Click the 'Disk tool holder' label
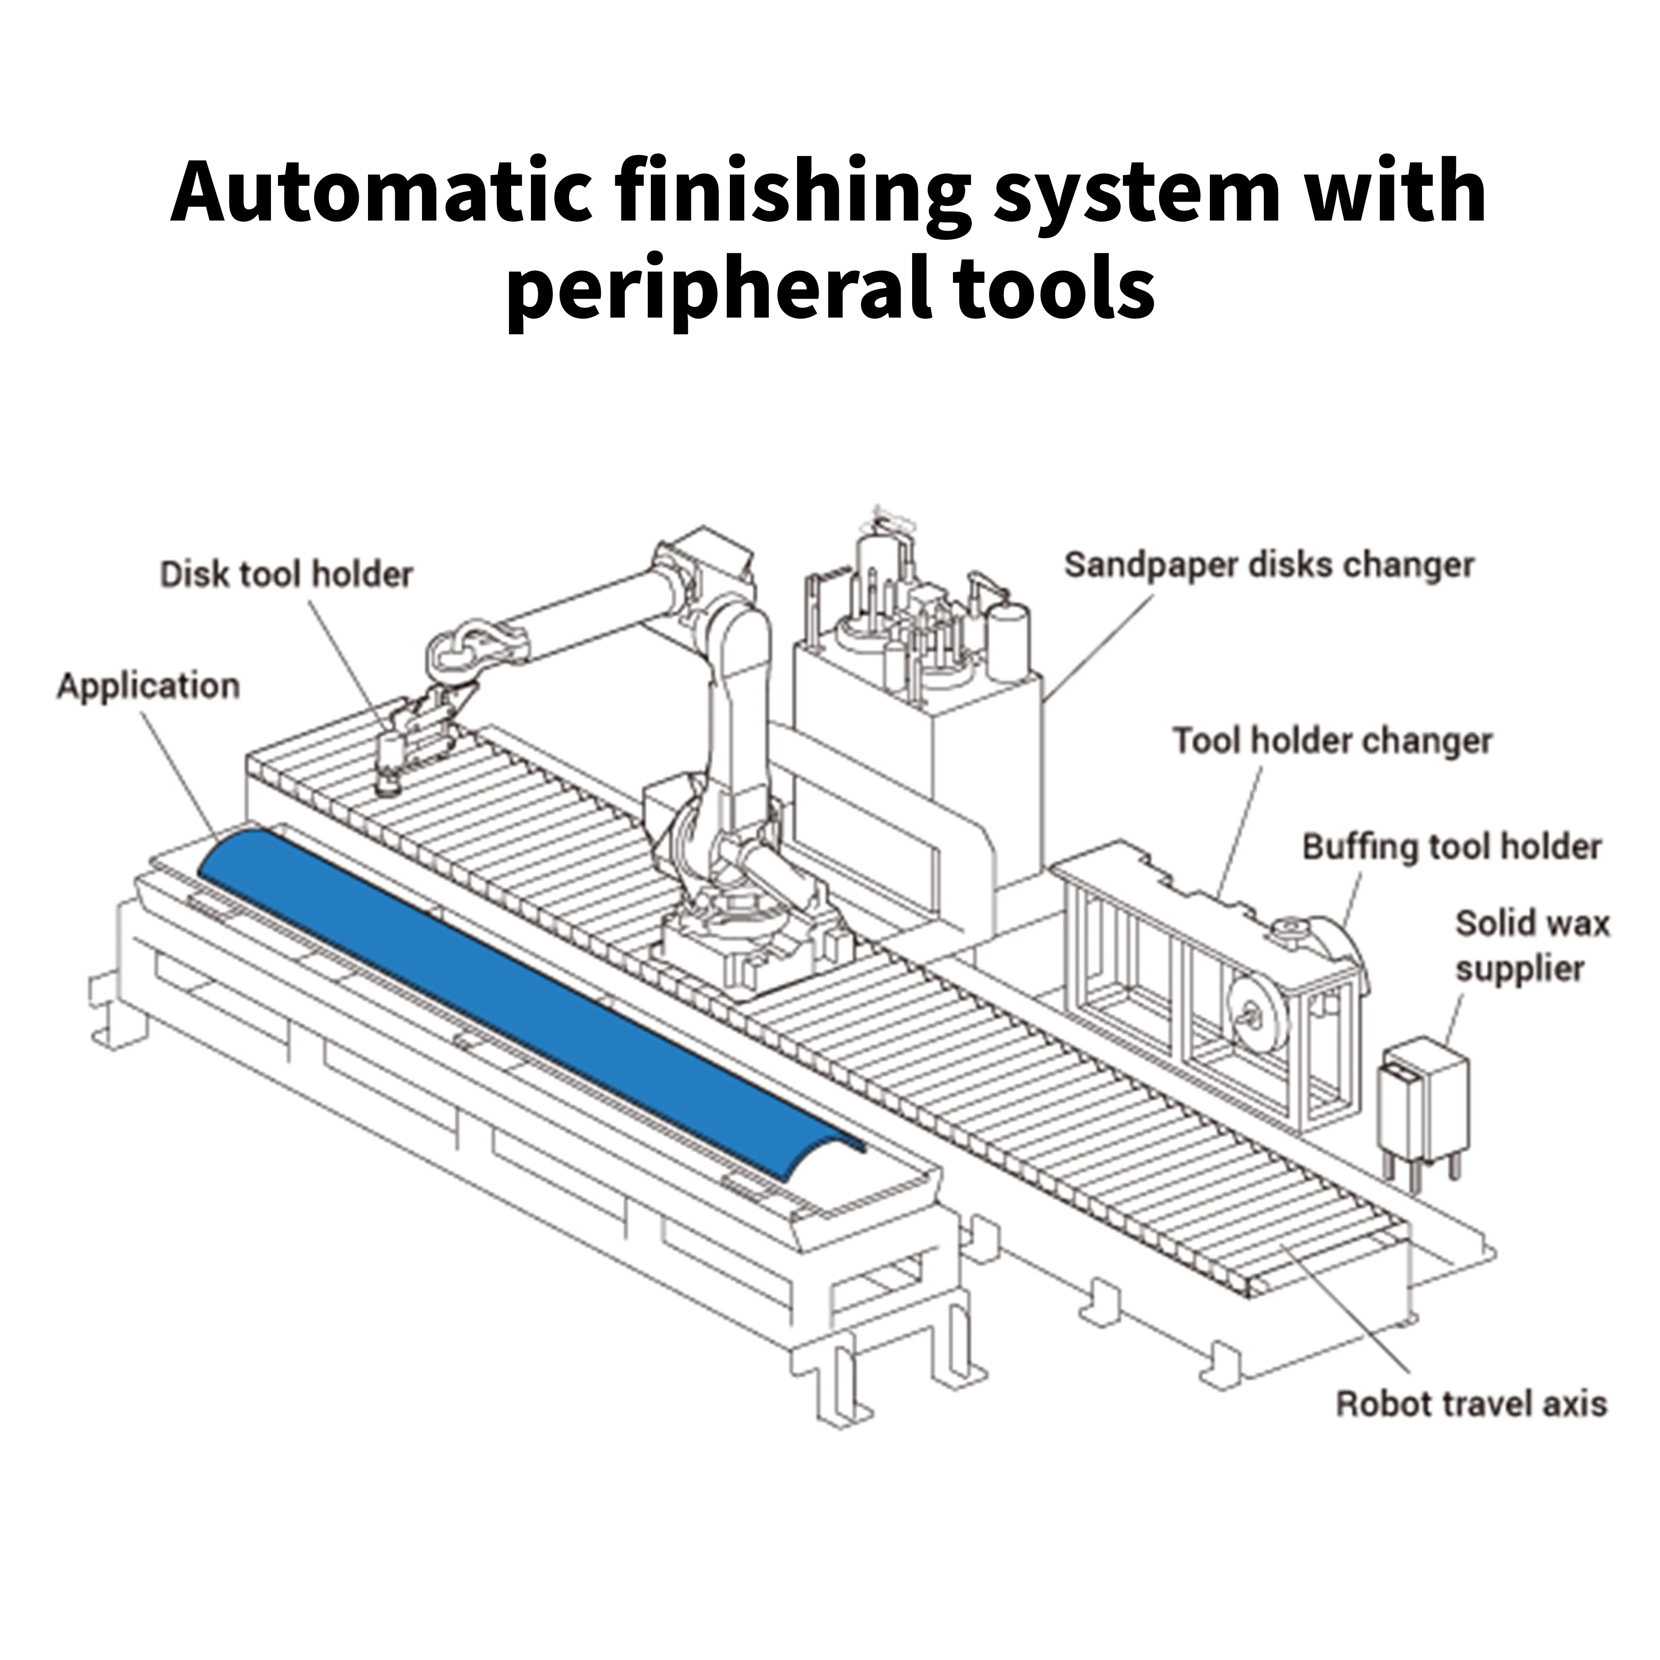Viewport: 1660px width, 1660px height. coord(286,574)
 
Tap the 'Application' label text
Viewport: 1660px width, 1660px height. coord(148,686)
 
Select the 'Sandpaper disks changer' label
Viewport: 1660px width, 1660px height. coord(1269,564)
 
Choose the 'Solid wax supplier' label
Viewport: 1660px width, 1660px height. coord(1531,945)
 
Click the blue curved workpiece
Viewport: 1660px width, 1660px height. coord(516,988)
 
